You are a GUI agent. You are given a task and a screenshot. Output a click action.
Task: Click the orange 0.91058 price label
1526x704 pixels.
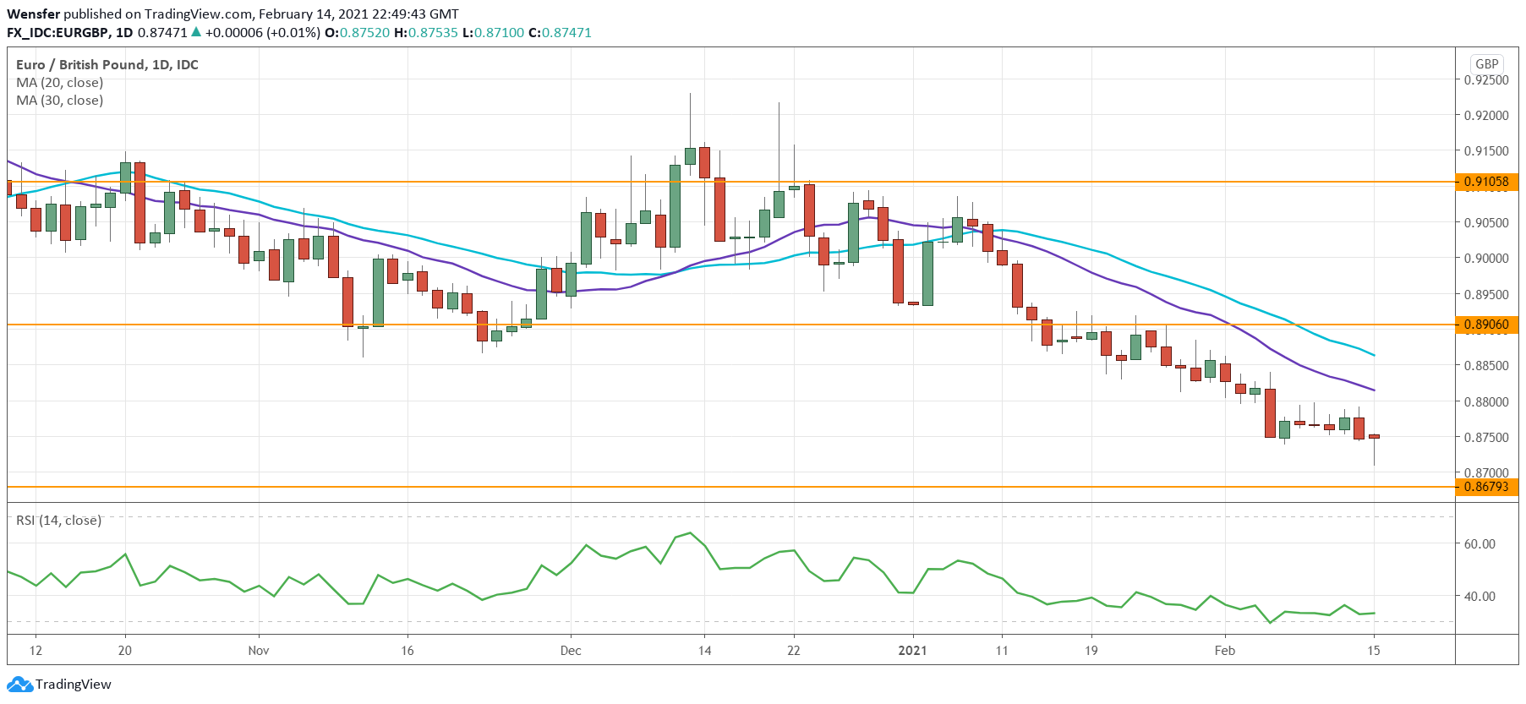point(1486,182)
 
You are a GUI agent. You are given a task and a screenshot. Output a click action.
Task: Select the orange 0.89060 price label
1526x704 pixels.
point(1486,325)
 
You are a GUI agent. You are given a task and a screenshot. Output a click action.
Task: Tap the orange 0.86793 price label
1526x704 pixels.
point(1486,487)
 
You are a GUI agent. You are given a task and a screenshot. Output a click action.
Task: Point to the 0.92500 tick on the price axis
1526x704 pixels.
point(1486,80)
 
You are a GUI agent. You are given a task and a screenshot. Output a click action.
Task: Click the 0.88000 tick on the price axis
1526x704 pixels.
point(1486,402)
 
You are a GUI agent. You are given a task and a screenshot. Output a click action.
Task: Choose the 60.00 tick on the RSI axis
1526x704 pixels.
point(1480,544)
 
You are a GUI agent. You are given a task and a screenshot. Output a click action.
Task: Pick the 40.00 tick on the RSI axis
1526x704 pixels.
point(1480,597)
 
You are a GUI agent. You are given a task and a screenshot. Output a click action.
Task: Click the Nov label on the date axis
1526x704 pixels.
point(259,651)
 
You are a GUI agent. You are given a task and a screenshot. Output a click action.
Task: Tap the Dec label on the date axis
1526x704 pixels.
point(571,651)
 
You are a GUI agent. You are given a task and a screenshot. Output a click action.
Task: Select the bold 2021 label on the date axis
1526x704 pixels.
point(912,651)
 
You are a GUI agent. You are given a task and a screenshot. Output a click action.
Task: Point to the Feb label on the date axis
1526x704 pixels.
point(1224,651)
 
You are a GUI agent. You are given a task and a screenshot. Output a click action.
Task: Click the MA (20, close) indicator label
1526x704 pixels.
point(60,83)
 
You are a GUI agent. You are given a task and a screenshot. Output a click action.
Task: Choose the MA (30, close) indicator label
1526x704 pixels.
point(60,101)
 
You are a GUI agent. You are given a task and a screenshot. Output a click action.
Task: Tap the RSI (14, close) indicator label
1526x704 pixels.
point(58,521)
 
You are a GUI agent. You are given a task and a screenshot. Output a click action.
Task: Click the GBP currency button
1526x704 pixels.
point(1486,64)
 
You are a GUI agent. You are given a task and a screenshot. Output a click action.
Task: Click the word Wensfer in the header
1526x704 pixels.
point(33,14)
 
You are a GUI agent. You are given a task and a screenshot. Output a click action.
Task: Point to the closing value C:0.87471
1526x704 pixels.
point(560,33)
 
